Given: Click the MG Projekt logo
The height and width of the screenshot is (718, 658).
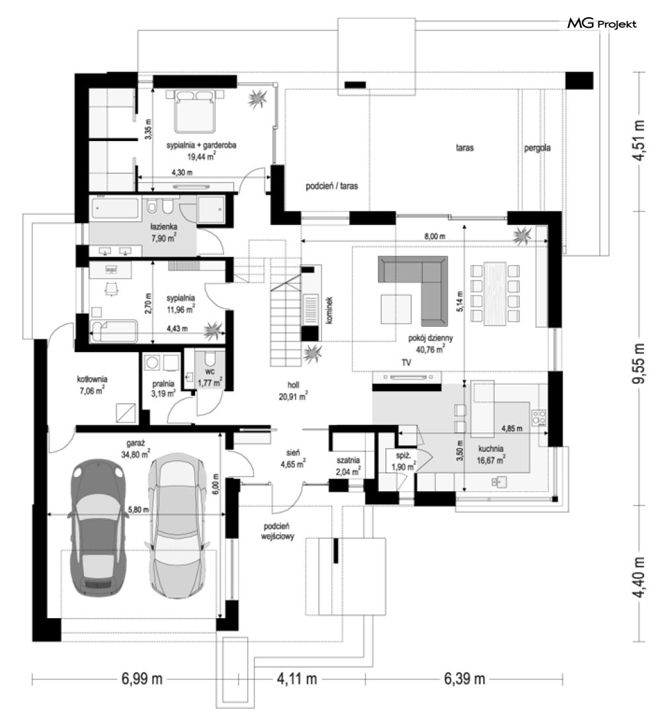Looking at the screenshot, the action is point(602,23).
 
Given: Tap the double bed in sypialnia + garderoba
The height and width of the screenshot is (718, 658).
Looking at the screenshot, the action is point(195,111).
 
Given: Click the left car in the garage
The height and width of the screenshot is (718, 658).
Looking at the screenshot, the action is point(97,527).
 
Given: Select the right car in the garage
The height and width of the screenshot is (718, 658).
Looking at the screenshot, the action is point(176,525).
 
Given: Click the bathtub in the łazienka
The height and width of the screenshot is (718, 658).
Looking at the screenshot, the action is point(115,208).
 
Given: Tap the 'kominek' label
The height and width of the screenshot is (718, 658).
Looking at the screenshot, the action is point(329,310).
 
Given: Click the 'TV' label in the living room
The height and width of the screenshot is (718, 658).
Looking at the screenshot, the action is point(406,363).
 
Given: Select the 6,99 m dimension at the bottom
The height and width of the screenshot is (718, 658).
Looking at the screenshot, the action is point(142,678).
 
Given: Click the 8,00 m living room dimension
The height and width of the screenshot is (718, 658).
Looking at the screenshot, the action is point(434,236).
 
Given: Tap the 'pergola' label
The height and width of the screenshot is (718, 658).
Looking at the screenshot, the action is point(537,148).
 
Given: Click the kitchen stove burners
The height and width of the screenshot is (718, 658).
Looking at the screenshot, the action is point(538,417).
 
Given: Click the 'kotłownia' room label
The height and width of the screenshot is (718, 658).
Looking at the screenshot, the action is point(92,379).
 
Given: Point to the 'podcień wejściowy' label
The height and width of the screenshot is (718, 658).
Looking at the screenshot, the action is point(277,531).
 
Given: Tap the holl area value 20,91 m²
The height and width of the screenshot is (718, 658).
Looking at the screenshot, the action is point(294,397).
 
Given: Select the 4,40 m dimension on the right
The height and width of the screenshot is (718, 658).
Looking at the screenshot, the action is point(639,577).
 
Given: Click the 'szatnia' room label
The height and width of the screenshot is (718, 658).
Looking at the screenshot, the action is point(348,460).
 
